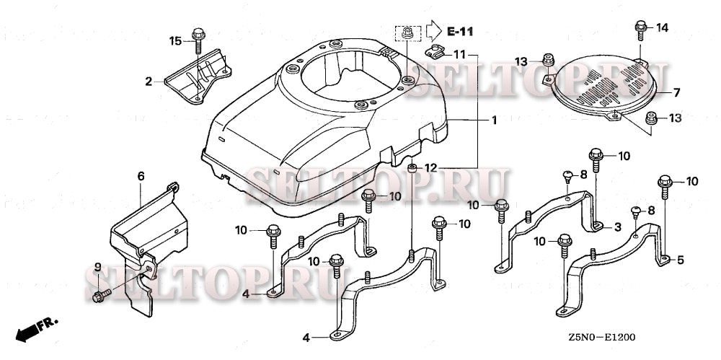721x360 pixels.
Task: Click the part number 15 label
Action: tap(175, 40)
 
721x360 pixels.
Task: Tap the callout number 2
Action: tap(149, 82)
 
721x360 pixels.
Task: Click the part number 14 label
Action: tap(662, 27)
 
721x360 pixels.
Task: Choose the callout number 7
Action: tap(676, 92)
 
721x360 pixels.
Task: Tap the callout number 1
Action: tap(494, 120)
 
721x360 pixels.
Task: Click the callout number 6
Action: tap(141, 175)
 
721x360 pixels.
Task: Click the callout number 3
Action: tap(617, 227)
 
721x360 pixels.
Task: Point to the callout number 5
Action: tap(681, 260)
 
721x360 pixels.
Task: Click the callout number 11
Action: tap(460, 54)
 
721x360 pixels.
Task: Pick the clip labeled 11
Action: tap(435, 51)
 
